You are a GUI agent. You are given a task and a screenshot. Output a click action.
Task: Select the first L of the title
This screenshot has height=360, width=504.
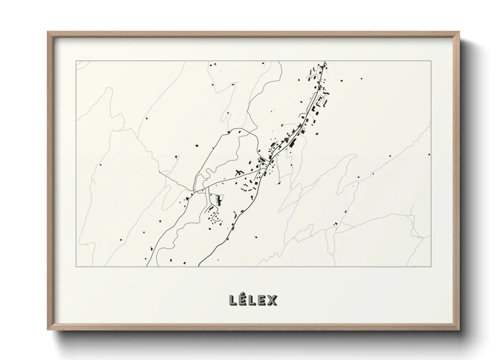[x=233, y=300]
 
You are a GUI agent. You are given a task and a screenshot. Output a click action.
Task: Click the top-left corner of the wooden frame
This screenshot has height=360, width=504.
[x=47, y=32]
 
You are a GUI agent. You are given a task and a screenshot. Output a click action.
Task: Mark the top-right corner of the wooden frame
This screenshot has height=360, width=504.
[x=460, y=32]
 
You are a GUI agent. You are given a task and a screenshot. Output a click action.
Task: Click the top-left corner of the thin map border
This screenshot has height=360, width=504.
[x=76, y=61]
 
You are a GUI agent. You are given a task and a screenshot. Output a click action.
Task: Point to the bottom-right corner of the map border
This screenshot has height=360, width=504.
[x=431, y=266]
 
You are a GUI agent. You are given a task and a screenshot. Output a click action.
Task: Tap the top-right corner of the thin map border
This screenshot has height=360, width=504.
[x=431, y=61]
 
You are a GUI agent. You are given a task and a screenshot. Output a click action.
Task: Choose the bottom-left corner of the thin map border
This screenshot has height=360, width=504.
[x=76, y=266]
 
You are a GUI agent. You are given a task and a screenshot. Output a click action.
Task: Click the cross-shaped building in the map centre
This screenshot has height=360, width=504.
[x=238, y=172]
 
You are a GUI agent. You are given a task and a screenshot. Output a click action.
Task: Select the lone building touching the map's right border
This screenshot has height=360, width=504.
[x=429, y=154]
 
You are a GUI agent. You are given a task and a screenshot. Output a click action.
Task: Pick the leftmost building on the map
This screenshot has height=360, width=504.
[x=100, y=165]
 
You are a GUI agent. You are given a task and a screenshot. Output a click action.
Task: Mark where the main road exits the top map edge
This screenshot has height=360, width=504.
[x=325, y=61]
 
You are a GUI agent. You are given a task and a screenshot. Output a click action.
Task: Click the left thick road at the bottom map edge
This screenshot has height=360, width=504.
[x=146, y=266]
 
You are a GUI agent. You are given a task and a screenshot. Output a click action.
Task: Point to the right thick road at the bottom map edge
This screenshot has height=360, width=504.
[x=199, y=266]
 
